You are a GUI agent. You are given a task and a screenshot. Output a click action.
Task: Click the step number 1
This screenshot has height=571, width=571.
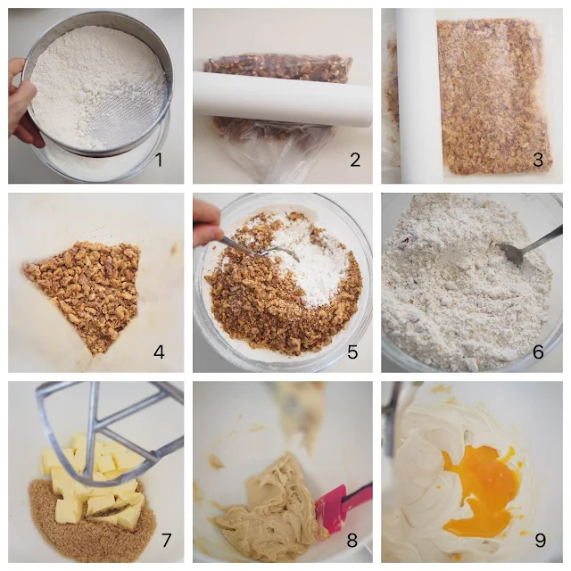(x=159, y=160)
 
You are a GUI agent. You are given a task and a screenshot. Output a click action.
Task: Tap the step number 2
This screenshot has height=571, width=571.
(x=355, y=160)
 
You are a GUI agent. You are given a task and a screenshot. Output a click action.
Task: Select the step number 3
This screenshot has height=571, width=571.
(x=538, y=160)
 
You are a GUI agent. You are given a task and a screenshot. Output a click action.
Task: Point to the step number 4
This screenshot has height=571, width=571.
(x=159, y=352)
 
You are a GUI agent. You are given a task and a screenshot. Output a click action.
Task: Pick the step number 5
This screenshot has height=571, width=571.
(x=352, y=352)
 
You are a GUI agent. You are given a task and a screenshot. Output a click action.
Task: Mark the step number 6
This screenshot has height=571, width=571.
(x=538, y=352)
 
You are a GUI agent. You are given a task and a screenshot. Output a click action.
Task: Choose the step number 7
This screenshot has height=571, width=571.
(x=167, y=540)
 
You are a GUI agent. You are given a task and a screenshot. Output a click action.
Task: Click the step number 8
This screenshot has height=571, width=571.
(x=352, y=540)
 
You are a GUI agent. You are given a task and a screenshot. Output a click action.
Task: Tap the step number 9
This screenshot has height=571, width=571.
(x=540, y=540)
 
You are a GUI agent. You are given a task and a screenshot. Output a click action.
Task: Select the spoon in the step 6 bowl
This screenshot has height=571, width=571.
(x=528, y=246)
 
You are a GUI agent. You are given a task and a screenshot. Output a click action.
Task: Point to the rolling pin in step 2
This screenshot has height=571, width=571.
(x=282, y=98)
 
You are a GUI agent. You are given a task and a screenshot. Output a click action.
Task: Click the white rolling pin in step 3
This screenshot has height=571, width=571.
(x=418, y=95)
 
